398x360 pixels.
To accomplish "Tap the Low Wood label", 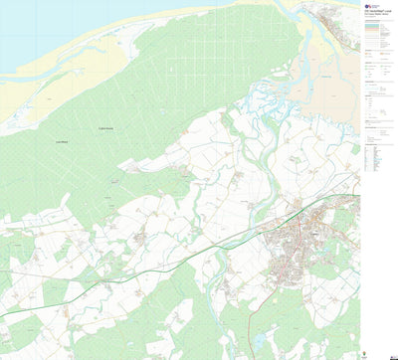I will [x=62, y=143].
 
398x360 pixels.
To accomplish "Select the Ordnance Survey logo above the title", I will [x=367, y=4].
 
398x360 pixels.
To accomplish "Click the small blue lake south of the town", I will [x=261, y=340].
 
